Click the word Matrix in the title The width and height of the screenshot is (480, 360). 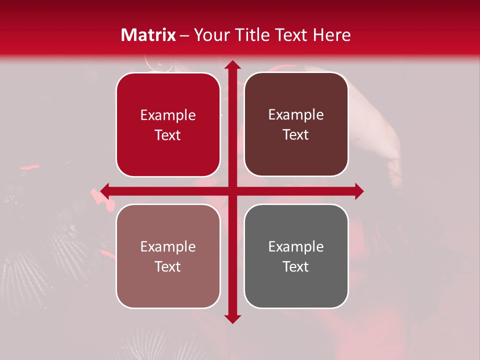tap(148, 35)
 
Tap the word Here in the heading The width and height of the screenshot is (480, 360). tap(332, 35)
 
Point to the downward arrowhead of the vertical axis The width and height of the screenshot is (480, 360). tap(232, 319)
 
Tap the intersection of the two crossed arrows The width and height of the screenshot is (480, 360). tap(232, 191)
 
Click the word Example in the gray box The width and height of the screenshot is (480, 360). tap(296, 246)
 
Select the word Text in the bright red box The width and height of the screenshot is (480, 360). tap(168, 135)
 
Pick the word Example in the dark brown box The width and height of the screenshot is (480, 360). tap(296, 115)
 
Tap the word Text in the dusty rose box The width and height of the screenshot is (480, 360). tap(168, 267)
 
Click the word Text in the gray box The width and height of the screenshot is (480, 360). tap(296, 267)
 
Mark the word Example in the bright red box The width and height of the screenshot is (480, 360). tap(168, 115)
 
